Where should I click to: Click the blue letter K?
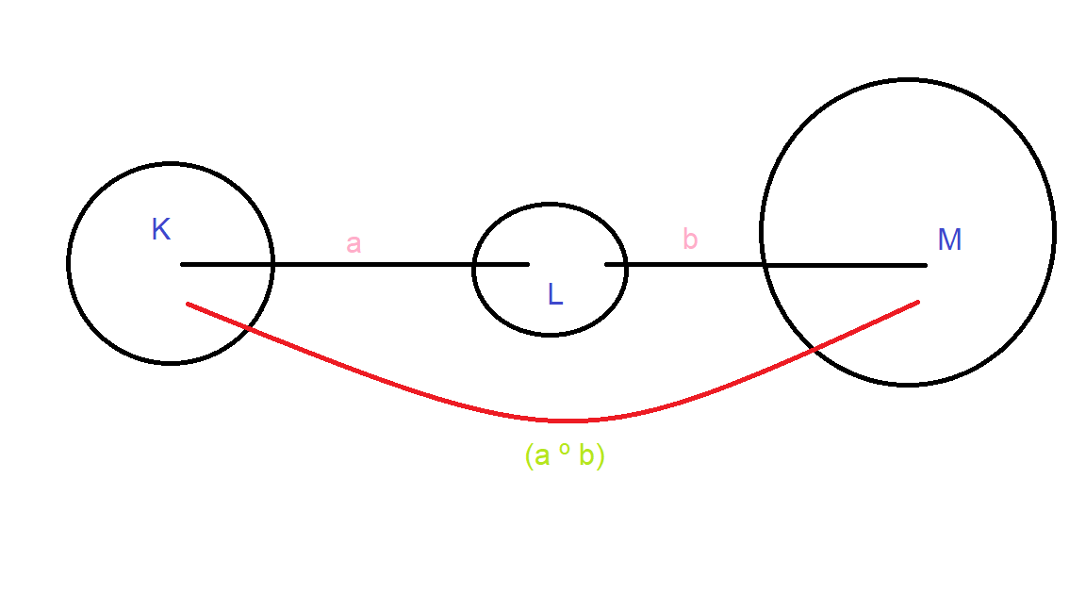[161, 230]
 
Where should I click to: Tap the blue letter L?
[555, 295]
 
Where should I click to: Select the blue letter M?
[949, 240]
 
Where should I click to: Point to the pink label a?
[354, 243]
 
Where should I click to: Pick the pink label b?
[690, 239]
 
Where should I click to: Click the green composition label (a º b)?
[565, 456]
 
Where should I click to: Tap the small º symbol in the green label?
[565, 451]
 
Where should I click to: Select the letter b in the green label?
[586, 456]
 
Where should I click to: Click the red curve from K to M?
[566, 421]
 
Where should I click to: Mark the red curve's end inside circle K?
[189, 304]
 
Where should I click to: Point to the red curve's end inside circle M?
[917, 302]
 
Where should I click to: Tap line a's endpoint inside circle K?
[183, 264]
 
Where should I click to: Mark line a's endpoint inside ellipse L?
[527, 264]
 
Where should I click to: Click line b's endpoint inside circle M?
[925, 265]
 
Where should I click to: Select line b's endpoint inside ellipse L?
[606, 265]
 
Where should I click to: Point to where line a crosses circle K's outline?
[272, 264]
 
